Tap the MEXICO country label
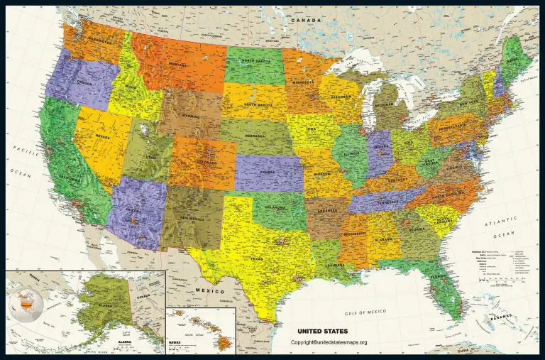click(210, 290)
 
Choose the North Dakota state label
click(257, 62)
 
